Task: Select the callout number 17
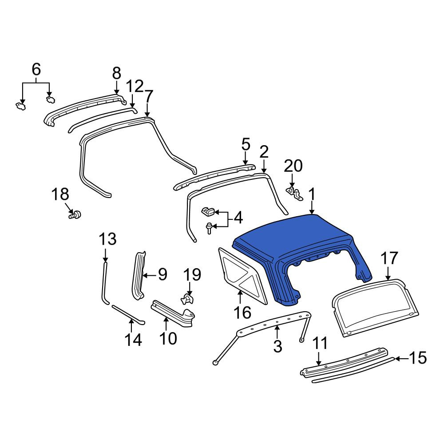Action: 389,258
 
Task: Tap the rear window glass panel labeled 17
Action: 375,308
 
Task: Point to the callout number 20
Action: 293,166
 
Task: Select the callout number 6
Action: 36,69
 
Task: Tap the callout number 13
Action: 107,239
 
